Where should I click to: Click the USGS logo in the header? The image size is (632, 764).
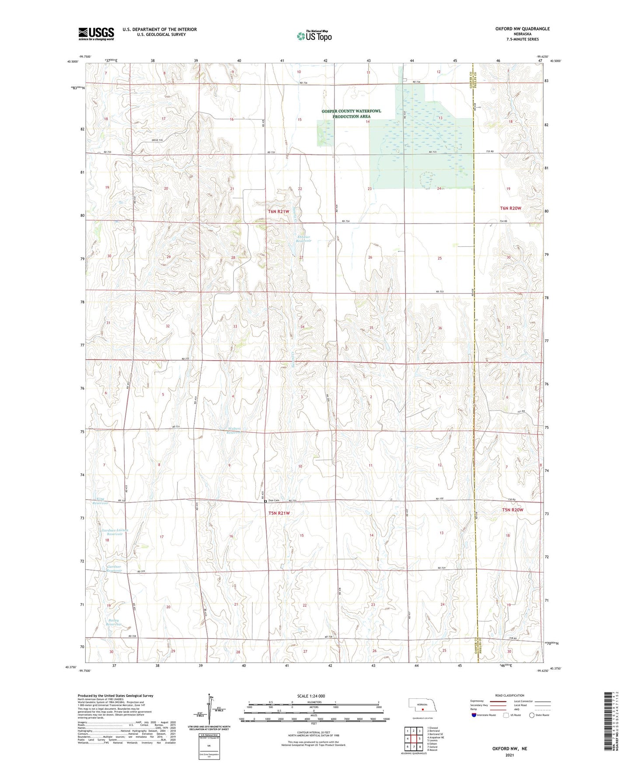click(96, 34)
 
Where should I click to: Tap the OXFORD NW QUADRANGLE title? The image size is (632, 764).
click(522, 29)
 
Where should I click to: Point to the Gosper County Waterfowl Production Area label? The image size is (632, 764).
click(351, 114)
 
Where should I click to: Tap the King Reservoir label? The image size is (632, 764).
click(100, 501)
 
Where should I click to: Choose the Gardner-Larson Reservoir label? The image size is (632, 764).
click(114, 532)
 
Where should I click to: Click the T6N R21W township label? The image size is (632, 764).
click(279, 211)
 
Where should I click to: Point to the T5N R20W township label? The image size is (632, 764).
click(512, 510)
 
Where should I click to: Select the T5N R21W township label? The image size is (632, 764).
click(279, 513)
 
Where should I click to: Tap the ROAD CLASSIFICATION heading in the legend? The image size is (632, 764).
click(510, 695)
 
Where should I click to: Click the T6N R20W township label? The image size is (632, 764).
click(510, 208)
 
